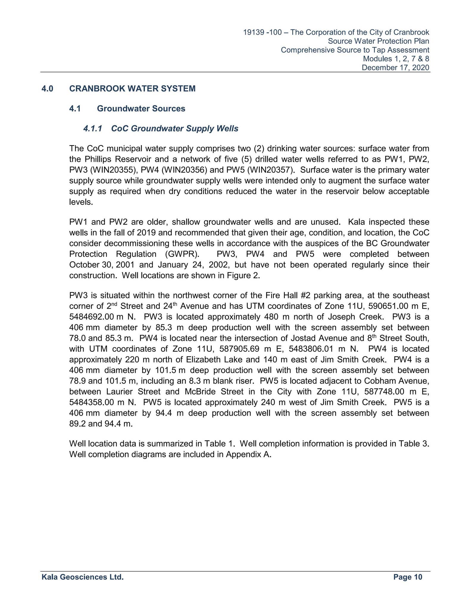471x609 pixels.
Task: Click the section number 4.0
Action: (x=47, y=89)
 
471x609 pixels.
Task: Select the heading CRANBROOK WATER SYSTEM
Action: (x=132, y=89)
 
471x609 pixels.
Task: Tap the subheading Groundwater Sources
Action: (x=141, y=109)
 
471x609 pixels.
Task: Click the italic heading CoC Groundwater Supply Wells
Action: (x=175, y=128)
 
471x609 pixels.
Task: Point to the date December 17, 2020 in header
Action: (x=395, y=68)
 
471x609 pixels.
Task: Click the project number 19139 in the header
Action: (x=254, y=32)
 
